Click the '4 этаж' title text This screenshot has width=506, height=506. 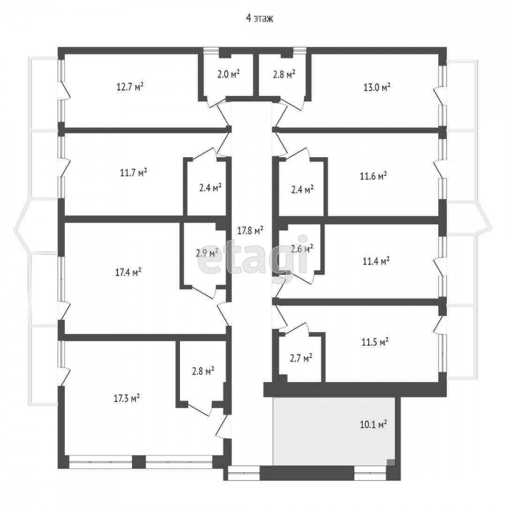[259, 19]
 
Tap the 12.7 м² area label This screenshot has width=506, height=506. [130, 87]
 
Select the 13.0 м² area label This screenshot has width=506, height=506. [377, 87]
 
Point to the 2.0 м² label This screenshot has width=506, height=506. [228, 74]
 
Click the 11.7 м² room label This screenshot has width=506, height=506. [134, 173]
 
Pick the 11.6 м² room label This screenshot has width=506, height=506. [373, 176]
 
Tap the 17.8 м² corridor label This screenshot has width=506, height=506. [250, 231]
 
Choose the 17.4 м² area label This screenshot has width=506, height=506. [128, 272]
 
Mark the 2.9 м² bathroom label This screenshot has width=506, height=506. [207, 253]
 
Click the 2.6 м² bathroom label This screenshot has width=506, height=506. [302, 249]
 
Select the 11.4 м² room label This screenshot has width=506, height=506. [376, 261]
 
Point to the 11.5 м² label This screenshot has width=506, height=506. [375, 342]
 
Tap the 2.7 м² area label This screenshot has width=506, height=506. [301, 358]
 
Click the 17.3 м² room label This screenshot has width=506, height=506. [127, 398]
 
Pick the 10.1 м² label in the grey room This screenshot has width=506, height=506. [373, 424]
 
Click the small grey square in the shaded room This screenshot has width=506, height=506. [391, 462]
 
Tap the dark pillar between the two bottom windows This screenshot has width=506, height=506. [139, 462]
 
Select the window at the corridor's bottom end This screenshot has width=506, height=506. [243, 473]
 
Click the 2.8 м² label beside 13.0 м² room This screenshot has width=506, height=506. [284, 75]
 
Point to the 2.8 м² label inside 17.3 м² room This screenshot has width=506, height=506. [204, 371]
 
